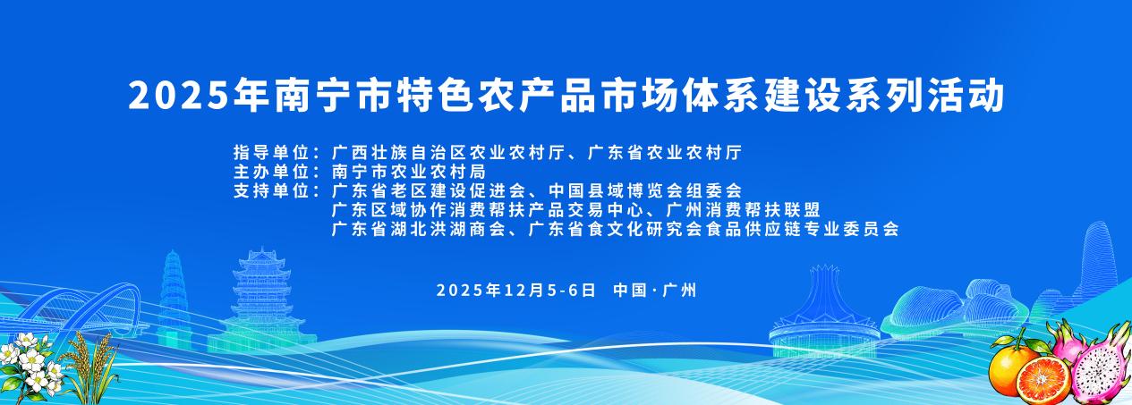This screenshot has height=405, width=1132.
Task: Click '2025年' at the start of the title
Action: coord(198,95)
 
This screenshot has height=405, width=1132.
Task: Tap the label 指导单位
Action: coord(271,152)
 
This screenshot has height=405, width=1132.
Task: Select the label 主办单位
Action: coord(271,172)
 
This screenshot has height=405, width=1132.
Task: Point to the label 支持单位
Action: coord(271,191)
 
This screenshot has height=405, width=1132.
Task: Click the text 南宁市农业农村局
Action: coord(408,172)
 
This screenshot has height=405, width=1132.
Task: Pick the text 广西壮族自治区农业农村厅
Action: coord(447,152)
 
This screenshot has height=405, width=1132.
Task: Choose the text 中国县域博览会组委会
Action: coord(645,191)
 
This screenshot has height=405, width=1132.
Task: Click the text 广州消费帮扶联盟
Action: coord(743,209)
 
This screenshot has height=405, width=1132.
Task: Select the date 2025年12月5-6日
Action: coord(516,291)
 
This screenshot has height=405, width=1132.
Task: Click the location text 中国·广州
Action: coord(655,291)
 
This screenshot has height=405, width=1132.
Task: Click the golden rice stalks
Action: coord(90,367)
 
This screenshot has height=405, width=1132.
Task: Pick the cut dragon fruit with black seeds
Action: coord(1102,368)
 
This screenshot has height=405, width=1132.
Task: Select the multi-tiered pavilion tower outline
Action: coord(262,302)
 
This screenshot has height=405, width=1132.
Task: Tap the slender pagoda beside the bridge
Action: coord(174,299)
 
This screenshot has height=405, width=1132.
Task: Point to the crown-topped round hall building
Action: coord(825,309)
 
